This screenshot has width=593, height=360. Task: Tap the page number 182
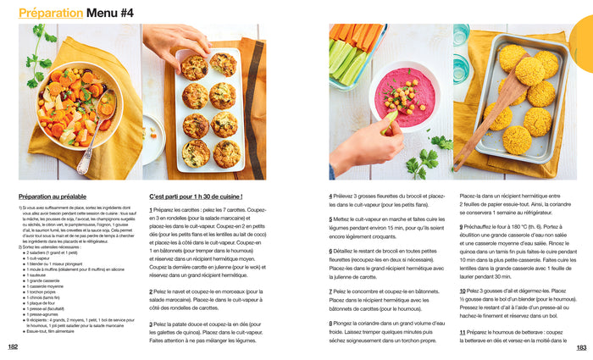pos(13,346)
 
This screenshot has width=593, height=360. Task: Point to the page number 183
pos(581,346)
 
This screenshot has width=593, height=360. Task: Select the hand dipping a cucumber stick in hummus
pos(364,144)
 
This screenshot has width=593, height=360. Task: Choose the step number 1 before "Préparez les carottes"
pos(151,209)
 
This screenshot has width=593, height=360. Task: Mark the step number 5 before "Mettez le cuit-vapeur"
pos(331,219)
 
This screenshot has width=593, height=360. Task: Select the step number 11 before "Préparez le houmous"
pos(463,331)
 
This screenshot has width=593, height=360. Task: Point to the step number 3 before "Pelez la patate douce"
pos(151,323)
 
